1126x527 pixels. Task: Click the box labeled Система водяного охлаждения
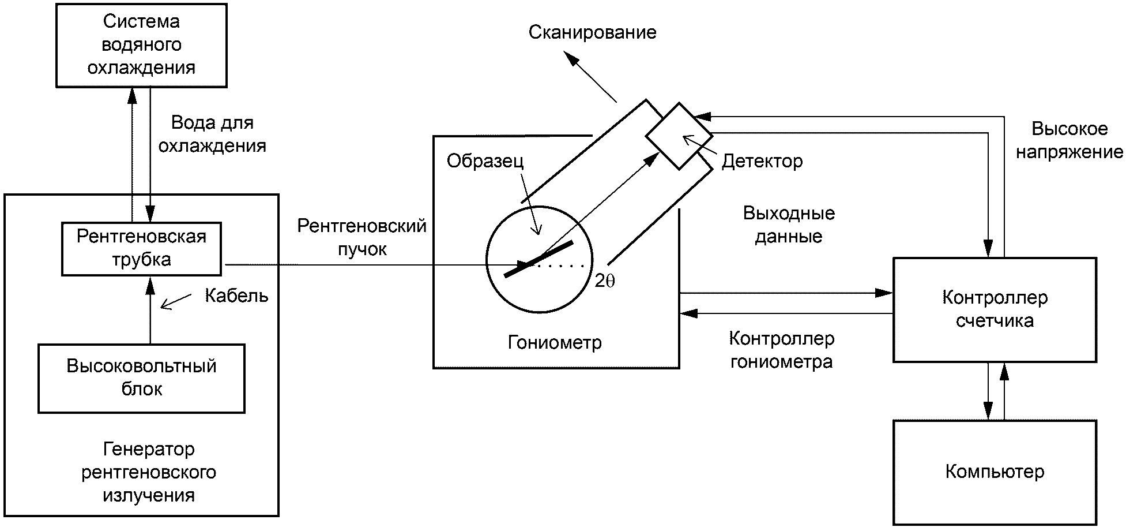[141, 45]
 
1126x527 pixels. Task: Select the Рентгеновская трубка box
[141, 248]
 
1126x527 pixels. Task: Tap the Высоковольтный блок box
[141, 378]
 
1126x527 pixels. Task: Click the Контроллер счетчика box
[995, 310]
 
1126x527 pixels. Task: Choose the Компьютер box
[995, 472]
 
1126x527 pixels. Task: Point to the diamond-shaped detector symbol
[679, 136]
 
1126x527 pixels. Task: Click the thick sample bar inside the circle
[538, 259]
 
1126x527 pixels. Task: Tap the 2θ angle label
[605, 281]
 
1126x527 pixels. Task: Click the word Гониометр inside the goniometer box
[555, 342]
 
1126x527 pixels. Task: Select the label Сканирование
[592, 32]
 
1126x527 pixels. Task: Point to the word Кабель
[236, 296]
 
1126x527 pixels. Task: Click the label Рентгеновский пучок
[361, 237]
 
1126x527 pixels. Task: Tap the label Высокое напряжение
[1069, 140]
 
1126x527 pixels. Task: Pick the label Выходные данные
[788, 225]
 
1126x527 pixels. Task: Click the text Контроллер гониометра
[781, 350]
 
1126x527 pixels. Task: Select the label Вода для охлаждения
[212, 134]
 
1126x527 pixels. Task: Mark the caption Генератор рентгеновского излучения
[148, 472]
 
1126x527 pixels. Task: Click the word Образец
[485, 161]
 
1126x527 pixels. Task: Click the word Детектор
[762, 161]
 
